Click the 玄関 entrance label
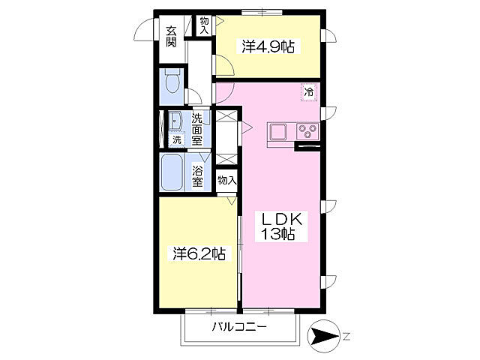coord(172,37)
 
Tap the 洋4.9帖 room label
coord(268,46)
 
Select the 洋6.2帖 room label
coord(199,253)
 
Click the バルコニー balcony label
coord(239,327)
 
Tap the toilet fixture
coord(172,81)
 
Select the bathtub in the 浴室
coord(172,172)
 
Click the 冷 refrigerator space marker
coord(308,91)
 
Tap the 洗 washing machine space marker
coord(177,140)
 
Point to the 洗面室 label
coord(196,130)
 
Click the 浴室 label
coord(197,176)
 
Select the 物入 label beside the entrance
coord(204,25)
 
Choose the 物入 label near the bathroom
coord(227,180)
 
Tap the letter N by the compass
coord(346,337)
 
